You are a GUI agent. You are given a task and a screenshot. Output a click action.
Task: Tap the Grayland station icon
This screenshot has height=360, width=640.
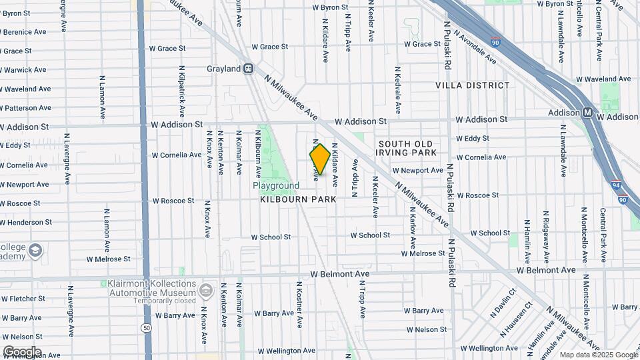pos(248,68)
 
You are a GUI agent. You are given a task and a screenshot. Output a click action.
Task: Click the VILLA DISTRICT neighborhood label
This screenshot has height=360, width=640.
pos(473,85)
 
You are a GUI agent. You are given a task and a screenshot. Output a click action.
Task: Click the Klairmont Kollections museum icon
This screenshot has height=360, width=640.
pos(206,291)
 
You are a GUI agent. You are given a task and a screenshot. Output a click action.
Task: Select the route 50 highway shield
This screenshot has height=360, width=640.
pos(146,328)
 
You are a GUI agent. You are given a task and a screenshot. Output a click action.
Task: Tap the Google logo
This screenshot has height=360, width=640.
pos(22,351)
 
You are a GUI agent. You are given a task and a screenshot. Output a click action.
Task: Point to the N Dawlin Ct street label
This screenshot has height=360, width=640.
pos(504,302)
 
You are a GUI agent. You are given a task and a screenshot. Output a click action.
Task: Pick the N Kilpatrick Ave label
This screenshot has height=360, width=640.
pos(182,92)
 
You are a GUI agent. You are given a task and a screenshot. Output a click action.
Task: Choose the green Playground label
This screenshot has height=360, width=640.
pos(276,185)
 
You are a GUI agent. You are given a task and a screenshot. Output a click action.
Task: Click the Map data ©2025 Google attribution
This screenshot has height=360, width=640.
pos(598,355)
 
